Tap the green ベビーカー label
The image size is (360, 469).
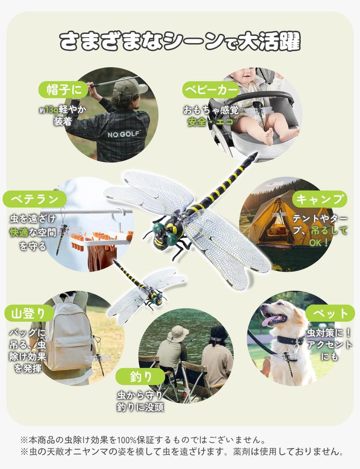click(210, 88)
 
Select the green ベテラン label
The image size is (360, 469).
click(34, 199)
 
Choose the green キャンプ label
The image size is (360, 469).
click(320, 199)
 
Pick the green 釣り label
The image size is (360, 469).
click(140, 376)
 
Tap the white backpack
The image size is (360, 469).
click(69, 334)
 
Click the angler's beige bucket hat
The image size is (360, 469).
click(177, 333)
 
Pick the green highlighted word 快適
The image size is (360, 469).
click(19, 232)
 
